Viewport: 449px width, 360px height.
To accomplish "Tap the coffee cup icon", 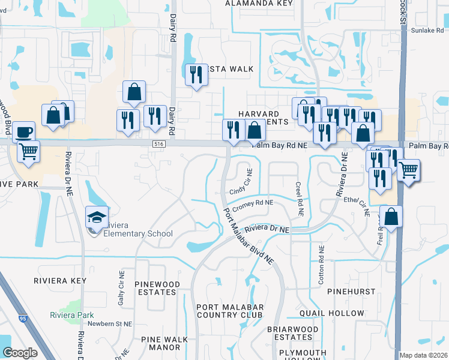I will pyautogui.click(x=23, y=132).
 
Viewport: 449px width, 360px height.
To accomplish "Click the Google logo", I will pyautogui.click(x=20, y=353).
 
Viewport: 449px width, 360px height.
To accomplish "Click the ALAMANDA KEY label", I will pyautogui.click(x=259, y=3).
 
